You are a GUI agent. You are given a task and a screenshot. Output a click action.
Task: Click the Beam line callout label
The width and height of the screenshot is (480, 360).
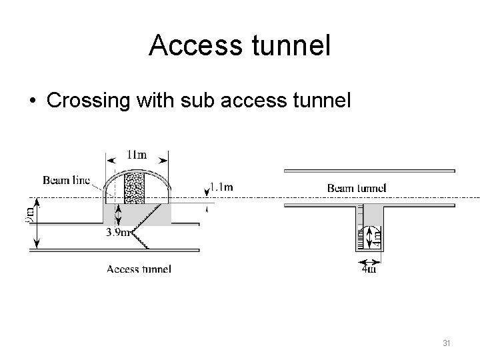pos(66,179)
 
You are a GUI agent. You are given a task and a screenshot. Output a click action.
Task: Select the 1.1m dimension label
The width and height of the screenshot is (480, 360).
pos(221,187)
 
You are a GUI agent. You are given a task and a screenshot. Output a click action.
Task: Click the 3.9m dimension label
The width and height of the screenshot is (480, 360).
pos(117,233)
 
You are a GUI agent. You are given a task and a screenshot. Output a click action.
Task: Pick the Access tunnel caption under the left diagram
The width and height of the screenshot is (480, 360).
pos(139,269)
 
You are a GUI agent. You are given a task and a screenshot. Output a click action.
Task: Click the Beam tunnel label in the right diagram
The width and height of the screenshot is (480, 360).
pos(356,188)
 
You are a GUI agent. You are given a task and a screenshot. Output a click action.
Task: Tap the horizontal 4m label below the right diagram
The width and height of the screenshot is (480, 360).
pos(368,269)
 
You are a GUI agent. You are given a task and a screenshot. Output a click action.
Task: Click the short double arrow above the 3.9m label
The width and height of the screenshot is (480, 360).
pos(118,216)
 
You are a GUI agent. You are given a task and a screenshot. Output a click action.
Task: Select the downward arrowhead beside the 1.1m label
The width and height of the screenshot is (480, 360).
pos(205,192)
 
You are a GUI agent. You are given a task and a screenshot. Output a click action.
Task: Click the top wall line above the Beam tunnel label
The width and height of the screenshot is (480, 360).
pos(369,171)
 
